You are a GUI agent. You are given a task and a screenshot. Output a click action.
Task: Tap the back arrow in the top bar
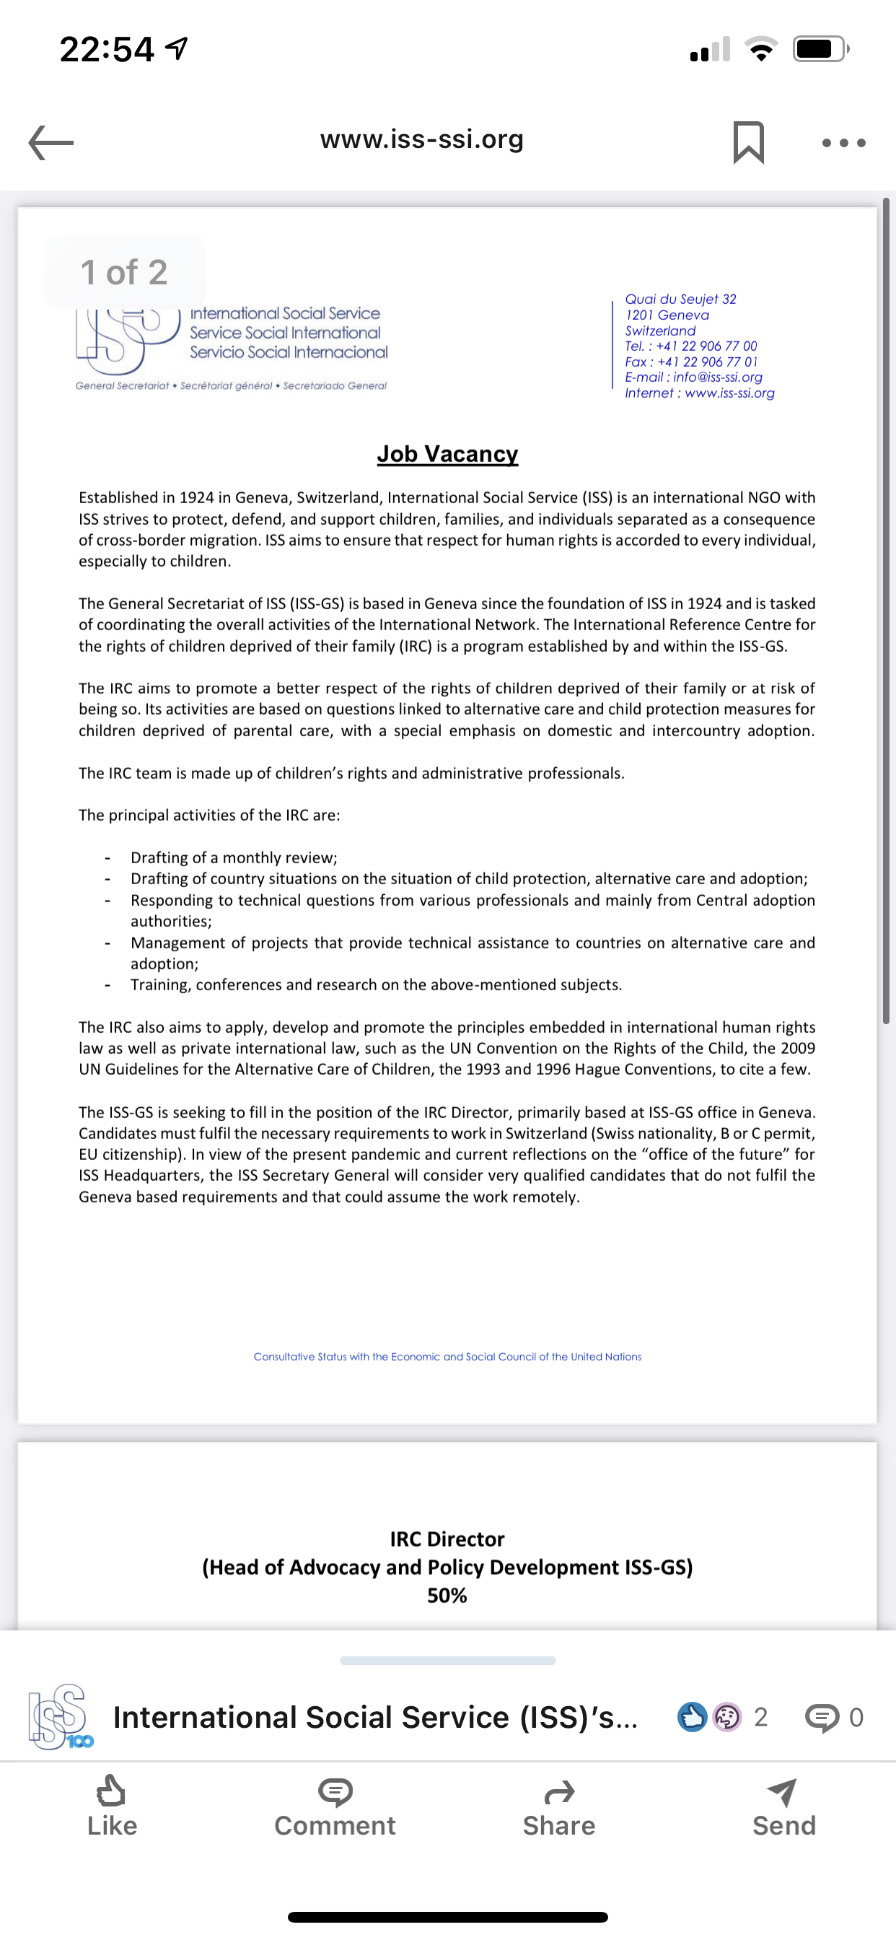click(51, 141)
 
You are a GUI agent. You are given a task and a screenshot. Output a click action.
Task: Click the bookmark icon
click(748, 141)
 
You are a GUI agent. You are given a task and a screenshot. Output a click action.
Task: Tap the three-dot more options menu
click(843, 142)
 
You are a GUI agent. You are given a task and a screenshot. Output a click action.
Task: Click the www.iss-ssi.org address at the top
click(421, 139)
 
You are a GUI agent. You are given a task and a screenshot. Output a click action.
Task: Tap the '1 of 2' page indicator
click(124, 272)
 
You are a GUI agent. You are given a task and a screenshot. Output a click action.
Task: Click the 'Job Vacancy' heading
click(447, 454)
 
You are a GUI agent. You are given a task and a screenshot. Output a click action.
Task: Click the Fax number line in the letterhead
click(690, 362)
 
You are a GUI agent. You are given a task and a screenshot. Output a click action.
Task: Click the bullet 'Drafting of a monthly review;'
click(234, 858)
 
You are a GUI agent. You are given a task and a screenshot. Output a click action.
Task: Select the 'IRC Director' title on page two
click(447, 1539)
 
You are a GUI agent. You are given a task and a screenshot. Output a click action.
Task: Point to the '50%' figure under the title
click(447, 1595)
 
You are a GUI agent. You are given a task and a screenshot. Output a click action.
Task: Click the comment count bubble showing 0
click(834, 1718)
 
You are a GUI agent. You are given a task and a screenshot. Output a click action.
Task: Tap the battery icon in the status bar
click(820, 49)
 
